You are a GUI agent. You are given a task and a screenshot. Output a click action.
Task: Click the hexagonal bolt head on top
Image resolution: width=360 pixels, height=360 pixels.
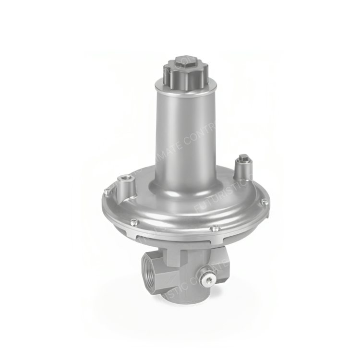tap(184, 61)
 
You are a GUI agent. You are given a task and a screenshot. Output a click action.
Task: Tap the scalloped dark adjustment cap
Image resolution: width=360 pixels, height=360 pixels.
tap(184, 72)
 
